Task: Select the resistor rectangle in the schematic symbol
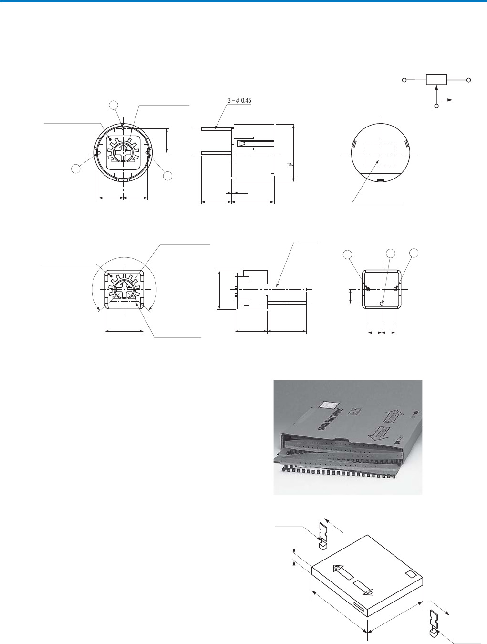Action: point(436,80)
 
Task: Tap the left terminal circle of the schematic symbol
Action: point(404,80)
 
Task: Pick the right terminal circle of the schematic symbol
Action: point(469,80)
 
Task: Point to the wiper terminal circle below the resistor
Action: point(436,105)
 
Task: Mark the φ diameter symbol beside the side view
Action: point(290,164)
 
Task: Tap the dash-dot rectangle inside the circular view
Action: point(380,155)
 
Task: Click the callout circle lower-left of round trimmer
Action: point(76,168)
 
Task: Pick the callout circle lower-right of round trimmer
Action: point(167,176)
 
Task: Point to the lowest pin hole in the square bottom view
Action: point(382,304)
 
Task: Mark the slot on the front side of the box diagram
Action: point(359,607)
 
